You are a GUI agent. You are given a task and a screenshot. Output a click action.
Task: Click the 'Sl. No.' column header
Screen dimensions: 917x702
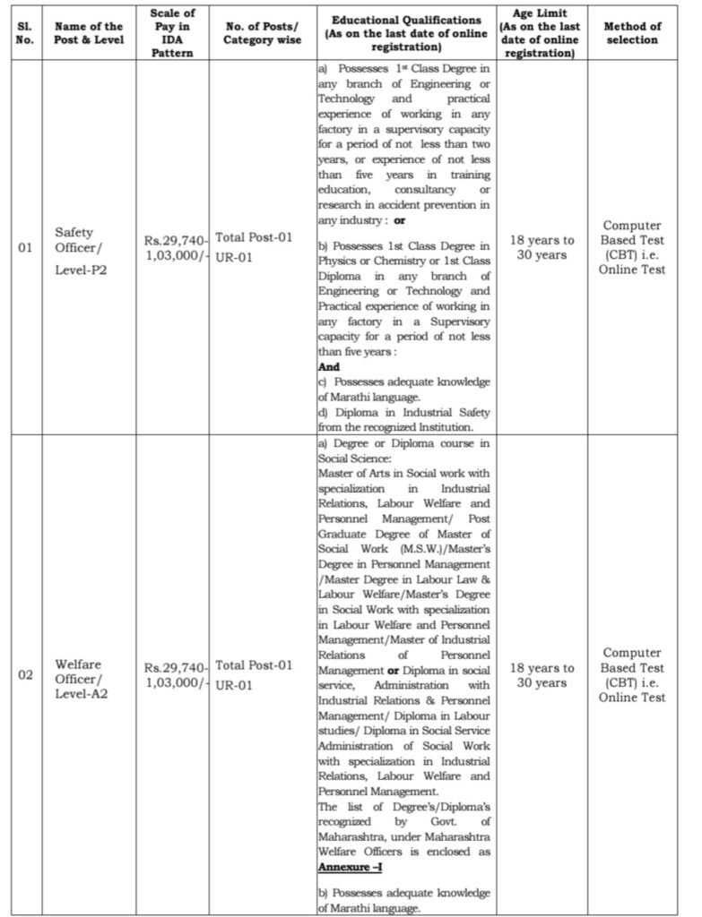[x=24, y=33]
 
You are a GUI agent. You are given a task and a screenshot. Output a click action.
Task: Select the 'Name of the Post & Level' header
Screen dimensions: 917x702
[x=88, y=33]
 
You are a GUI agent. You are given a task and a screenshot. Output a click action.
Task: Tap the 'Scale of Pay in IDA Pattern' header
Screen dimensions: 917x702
[x=176, y=33]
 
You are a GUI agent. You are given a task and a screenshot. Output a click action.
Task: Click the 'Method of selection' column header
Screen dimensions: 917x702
[x=632, y=33]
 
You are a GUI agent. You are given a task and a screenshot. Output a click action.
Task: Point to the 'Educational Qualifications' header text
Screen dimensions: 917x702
[x=405, y=20]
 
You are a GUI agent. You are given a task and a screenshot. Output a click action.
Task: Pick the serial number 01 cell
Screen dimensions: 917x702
[x=24, y=248]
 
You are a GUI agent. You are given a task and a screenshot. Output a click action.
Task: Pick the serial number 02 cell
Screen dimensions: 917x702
[x=24, y=674]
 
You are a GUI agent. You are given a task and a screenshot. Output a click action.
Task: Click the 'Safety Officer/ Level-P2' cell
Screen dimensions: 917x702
[x=81, y=248]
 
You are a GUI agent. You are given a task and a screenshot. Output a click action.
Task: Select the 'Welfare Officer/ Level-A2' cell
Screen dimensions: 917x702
[x=81, y=674]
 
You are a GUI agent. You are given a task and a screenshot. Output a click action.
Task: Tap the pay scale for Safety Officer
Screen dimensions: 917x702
[x=177, y=248]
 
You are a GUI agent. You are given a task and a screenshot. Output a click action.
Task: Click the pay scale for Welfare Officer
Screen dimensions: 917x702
[x=177, y=674]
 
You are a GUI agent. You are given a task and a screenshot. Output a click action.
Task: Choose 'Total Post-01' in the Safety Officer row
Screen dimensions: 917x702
[x=254, y=239]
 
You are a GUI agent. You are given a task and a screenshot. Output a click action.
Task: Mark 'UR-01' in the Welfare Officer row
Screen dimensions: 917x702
[x=234, y=684]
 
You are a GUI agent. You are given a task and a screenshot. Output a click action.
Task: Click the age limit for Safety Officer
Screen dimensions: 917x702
[x=542, y=247]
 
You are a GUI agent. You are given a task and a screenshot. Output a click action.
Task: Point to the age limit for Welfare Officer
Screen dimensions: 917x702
[x=542, y=675]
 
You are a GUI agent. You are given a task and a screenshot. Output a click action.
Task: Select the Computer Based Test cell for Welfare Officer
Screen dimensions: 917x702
[x=632, y=674]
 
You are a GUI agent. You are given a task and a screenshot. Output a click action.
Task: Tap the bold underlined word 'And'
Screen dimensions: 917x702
[x=329, y=366]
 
